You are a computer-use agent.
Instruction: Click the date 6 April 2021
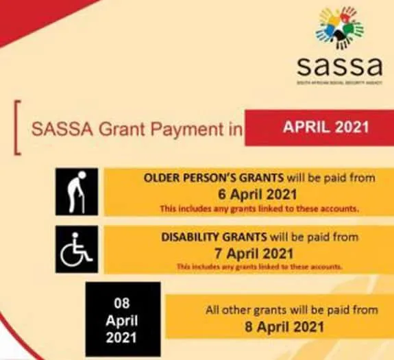tap(260, 194)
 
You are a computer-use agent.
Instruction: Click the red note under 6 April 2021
tap(260, 208)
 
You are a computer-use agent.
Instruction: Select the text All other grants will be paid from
tap(292, 310)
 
